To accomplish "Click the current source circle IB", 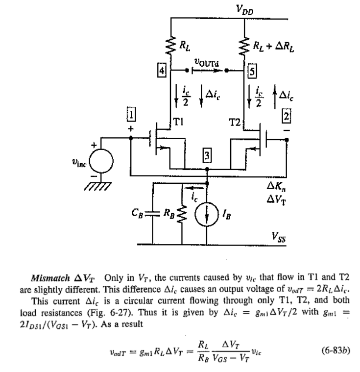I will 208,215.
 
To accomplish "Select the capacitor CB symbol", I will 153,214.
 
